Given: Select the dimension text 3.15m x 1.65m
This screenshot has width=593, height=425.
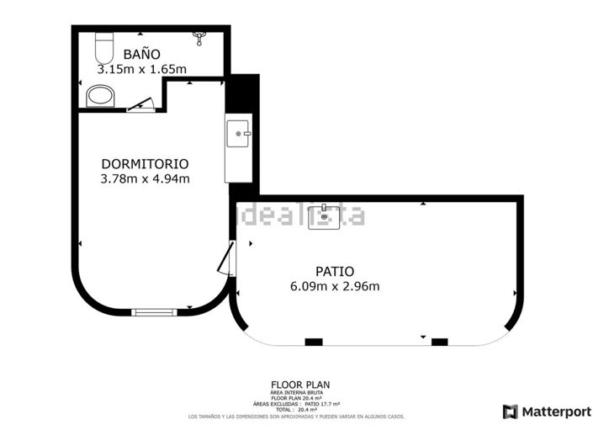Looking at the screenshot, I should [141, 68].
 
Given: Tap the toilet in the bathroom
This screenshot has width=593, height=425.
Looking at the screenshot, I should [103, 43].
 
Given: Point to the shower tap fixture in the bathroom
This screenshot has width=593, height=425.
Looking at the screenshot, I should [199, 36].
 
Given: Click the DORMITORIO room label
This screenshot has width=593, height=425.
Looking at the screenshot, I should [145, 163].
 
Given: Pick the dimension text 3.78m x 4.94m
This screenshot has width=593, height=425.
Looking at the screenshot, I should [145, 178].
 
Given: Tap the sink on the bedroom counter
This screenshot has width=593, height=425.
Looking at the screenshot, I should [238, 133].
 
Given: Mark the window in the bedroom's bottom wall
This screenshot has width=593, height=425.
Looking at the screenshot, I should [156, 311].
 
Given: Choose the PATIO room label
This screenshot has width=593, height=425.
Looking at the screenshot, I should [334, 271].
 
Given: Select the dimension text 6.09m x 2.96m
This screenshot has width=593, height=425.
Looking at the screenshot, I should [334, 286].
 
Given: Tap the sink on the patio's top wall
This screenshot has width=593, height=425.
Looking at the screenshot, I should [324, 216].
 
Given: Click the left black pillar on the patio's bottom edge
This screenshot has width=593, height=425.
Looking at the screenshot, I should [314, 342].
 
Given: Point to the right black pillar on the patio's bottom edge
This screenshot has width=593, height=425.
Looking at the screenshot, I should [439, 342].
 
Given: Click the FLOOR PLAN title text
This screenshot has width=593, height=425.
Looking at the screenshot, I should [294, 385].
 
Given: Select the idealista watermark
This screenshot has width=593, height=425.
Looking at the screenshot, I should [303, 215].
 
